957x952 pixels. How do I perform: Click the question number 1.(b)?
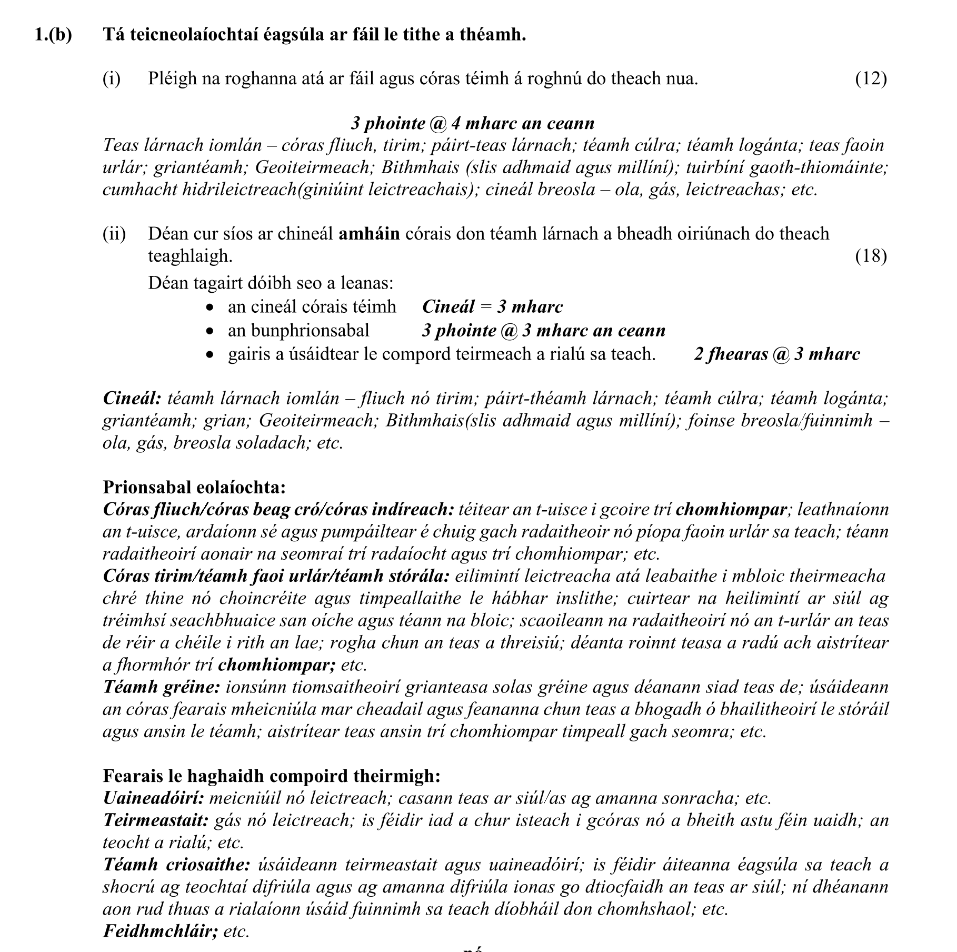coord(53,35)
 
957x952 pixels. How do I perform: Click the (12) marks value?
coord(871,78)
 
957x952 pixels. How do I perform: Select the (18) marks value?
coord(871,256)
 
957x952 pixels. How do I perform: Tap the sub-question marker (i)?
coord(112,78)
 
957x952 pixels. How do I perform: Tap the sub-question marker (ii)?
coord(114,234)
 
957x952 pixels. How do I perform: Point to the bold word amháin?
coord(369,234)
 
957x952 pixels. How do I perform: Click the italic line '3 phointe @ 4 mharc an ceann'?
coord(472,123)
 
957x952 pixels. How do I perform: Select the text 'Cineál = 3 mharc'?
coord(492,306)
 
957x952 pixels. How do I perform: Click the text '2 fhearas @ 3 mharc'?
coord(776,354)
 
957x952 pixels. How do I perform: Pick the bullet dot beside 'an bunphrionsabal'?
coord(211,331)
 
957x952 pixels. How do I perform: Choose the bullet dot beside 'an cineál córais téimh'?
coord(211,308)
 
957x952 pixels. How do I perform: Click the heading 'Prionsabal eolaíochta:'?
coord(194,487)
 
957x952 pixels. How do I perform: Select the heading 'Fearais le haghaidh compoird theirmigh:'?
coord(271,776)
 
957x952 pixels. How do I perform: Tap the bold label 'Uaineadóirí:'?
coord(153,798)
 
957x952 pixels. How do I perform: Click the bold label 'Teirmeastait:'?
coord(156,820)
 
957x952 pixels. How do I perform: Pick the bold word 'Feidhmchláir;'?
coord(160,931)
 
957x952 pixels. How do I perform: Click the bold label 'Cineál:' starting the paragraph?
coord(132,398)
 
